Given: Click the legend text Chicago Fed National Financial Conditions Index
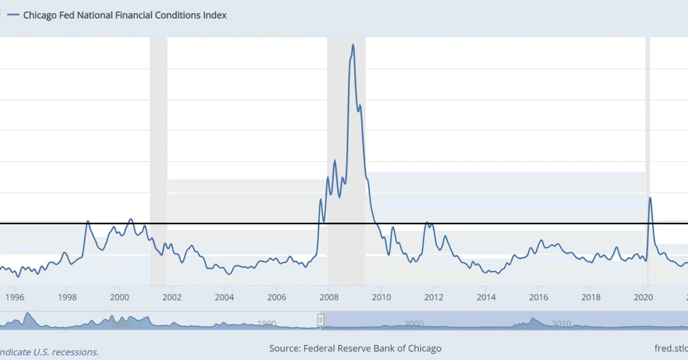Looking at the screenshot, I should [124, 15].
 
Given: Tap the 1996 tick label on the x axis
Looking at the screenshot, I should [15, 297].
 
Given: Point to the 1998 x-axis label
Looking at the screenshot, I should [67, 297].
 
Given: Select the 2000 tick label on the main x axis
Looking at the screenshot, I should [119, 297].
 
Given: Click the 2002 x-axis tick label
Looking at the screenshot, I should [172, 297].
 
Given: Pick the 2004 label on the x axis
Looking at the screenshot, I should [224, 297].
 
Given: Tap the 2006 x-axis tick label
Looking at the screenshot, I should [276, 297].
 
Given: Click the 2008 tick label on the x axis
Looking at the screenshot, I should [329, 297].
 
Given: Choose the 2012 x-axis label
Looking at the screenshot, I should [433, 297].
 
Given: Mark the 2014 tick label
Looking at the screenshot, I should [486, 297].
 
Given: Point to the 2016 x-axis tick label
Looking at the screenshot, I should [538, 297].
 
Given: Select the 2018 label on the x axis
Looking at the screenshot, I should [591, 297].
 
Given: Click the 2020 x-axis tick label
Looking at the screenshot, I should [643, 297].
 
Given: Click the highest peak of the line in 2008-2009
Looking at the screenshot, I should [353, 45].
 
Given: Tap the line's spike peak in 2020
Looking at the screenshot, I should [650, 198].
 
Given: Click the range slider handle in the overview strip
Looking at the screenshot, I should [321, 320].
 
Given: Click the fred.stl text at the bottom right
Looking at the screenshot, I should [671, 349].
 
